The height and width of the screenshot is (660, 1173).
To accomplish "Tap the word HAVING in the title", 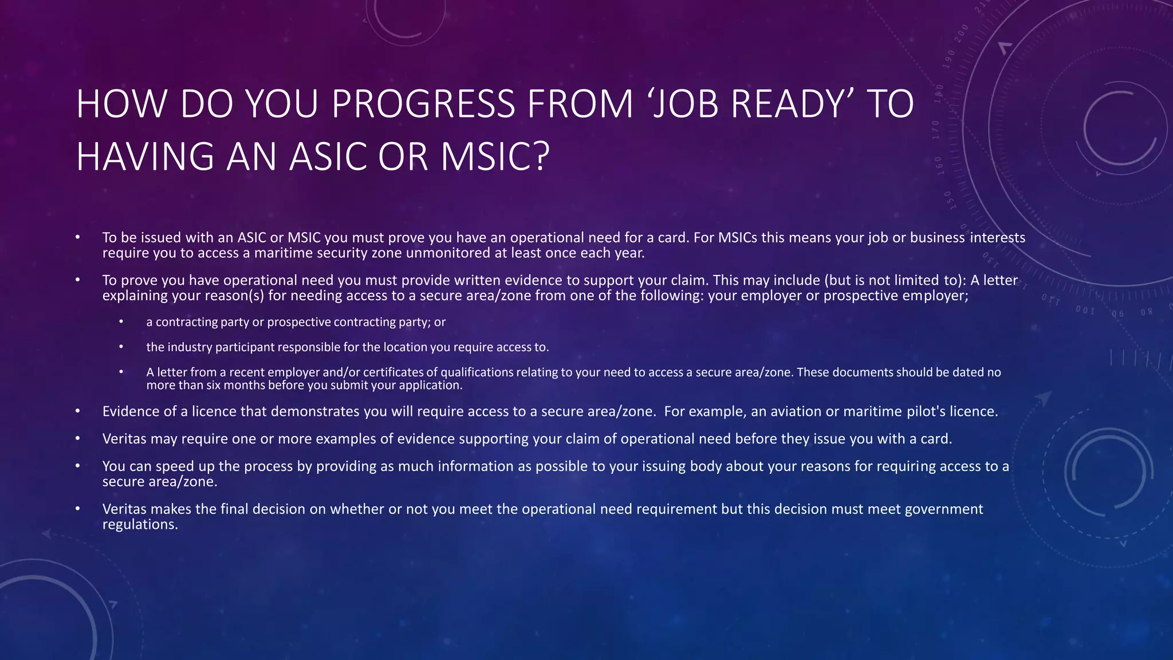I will (x=145, y=156).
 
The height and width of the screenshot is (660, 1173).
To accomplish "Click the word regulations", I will (x=140, y=525).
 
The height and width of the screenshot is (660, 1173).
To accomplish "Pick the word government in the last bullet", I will (x=944, y=509).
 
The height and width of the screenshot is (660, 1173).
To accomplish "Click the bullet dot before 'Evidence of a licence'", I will (x=77, y=411).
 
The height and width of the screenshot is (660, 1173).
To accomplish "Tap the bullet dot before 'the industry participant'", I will (x=121, y=347).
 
